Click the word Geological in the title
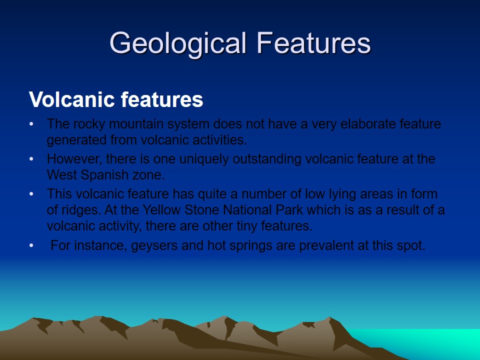(178, 44)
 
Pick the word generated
(76, 140)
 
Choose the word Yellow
(161, 210)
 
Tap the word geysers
(154, 246)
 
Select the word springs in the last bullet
(250, 246)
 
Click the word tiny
(246, 226)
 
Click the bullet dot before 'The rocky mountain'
(31, 124)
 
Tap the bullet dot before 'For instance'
(31, 245)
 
